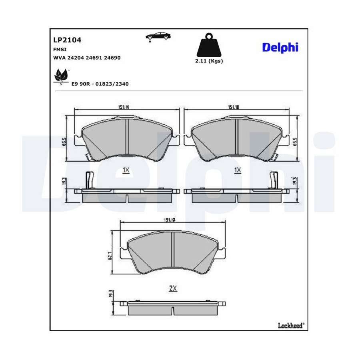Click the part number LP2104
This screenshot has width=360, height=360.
(x=67, y=40)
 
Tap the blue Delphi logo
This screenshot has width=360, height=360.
(x=280, y=48)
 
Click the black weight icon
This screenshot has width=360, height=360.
(x=209, y=45)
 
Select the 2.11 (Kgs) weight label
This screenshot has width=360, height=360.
(x=209, y=61)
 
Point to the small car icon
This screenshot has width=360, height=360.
(x=158, y=37)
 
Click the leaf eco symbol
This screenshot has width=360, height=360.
(x=61, y=76)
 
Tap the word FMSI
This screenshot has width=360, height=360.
(x=60, y=49)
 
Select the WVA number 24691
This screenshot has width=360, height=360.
(x=94, y=58)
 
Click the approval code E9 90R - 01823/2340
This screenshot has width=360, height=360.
(x=100, y=84)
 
